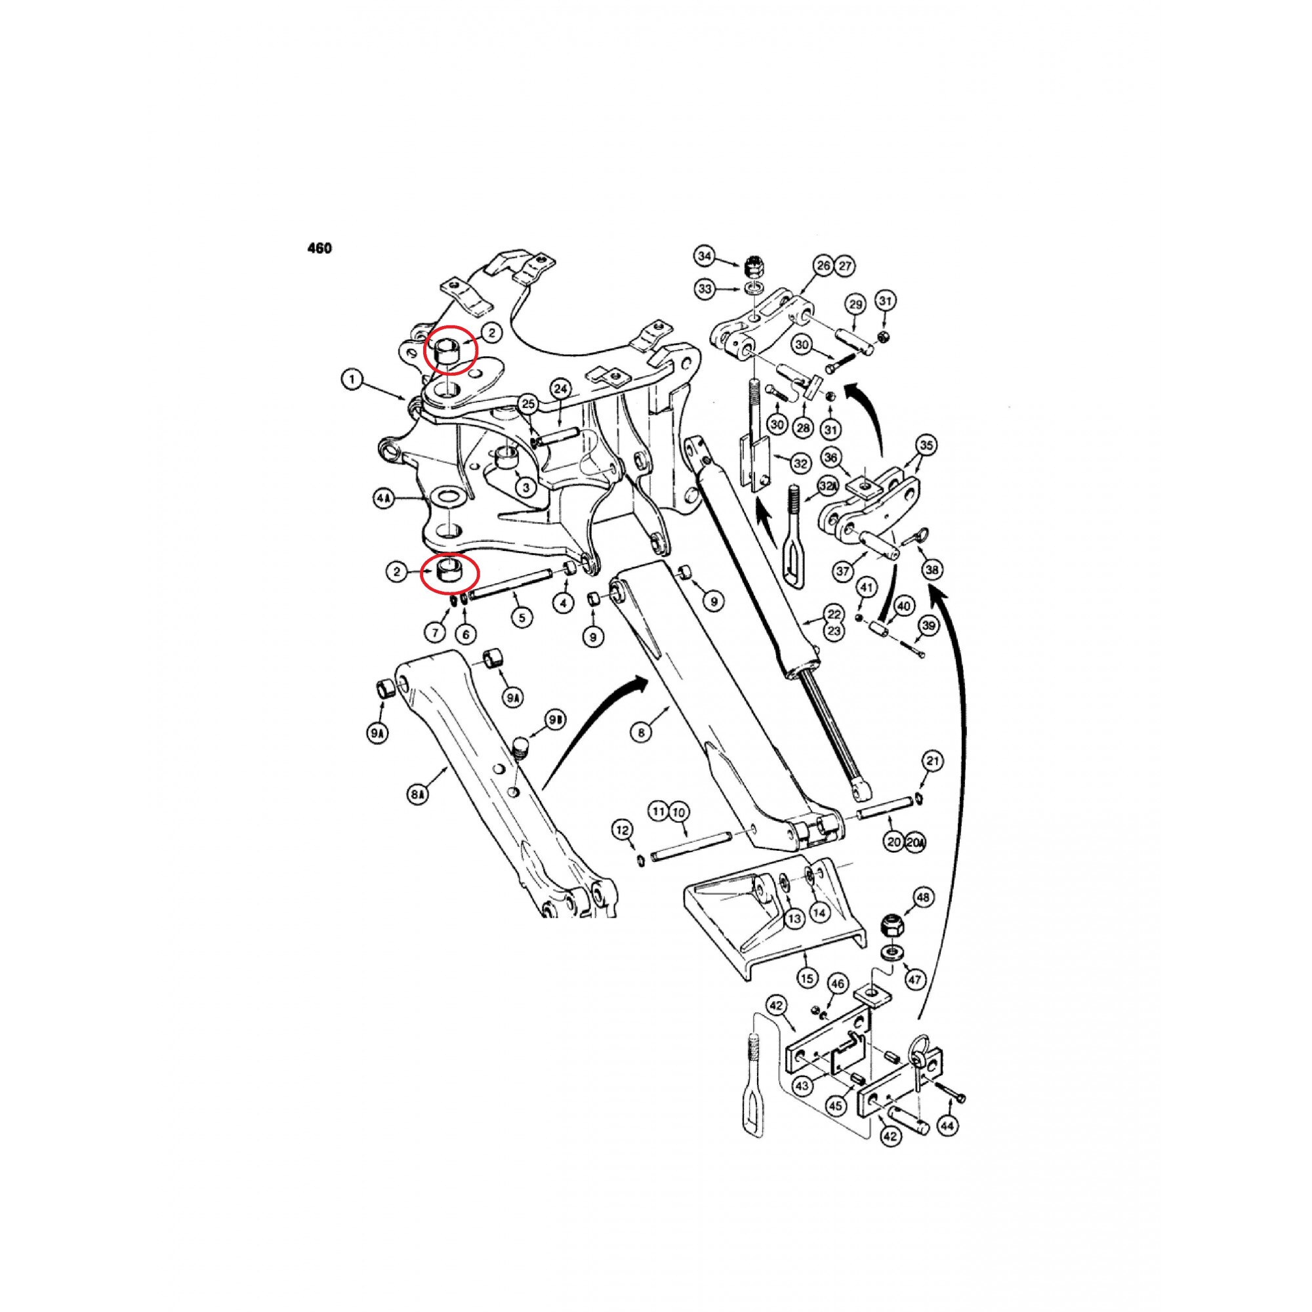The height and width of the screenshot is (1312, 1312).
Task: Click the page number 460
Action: (x=320, y=249)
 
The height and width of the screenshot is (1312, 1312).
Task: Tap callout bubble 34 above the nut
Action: (x=705, y=256)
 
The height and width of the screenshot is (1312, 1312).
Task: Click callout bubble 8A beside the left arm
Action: (x=419, y=794)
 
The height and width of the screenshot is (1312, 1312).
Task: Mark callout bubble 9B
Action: (x=556, y=720)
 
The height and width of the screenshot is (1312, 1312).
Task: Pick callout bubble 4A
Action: (x=384, y=499)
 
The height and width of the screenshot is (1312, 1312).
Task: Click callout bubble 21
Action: (x=933, y=761)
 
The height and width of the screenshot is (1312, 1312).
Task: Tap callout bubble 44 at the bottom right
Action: (x=949, y=1126)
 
